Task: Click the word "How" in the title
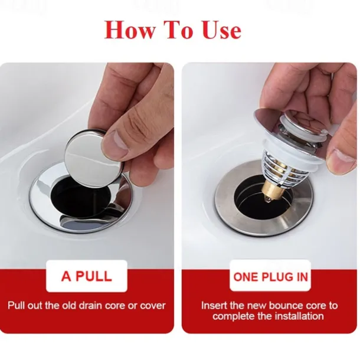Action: click(129, 30)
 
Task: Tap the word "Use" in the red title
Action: click(222, 30)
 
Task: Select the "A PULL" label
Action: click(87, 276)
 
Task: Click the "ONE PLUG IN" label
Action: click(270, 277)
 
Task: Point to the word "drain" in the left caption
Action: click(91, 306)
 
